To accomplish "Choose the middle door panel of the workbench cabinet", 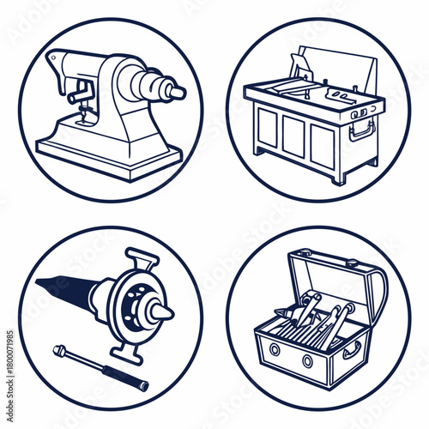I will pos(293,136).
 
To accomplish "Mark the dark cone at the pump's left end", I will pos(64,292).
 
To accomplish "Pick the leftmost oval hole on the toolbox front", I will pos(275,349).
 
